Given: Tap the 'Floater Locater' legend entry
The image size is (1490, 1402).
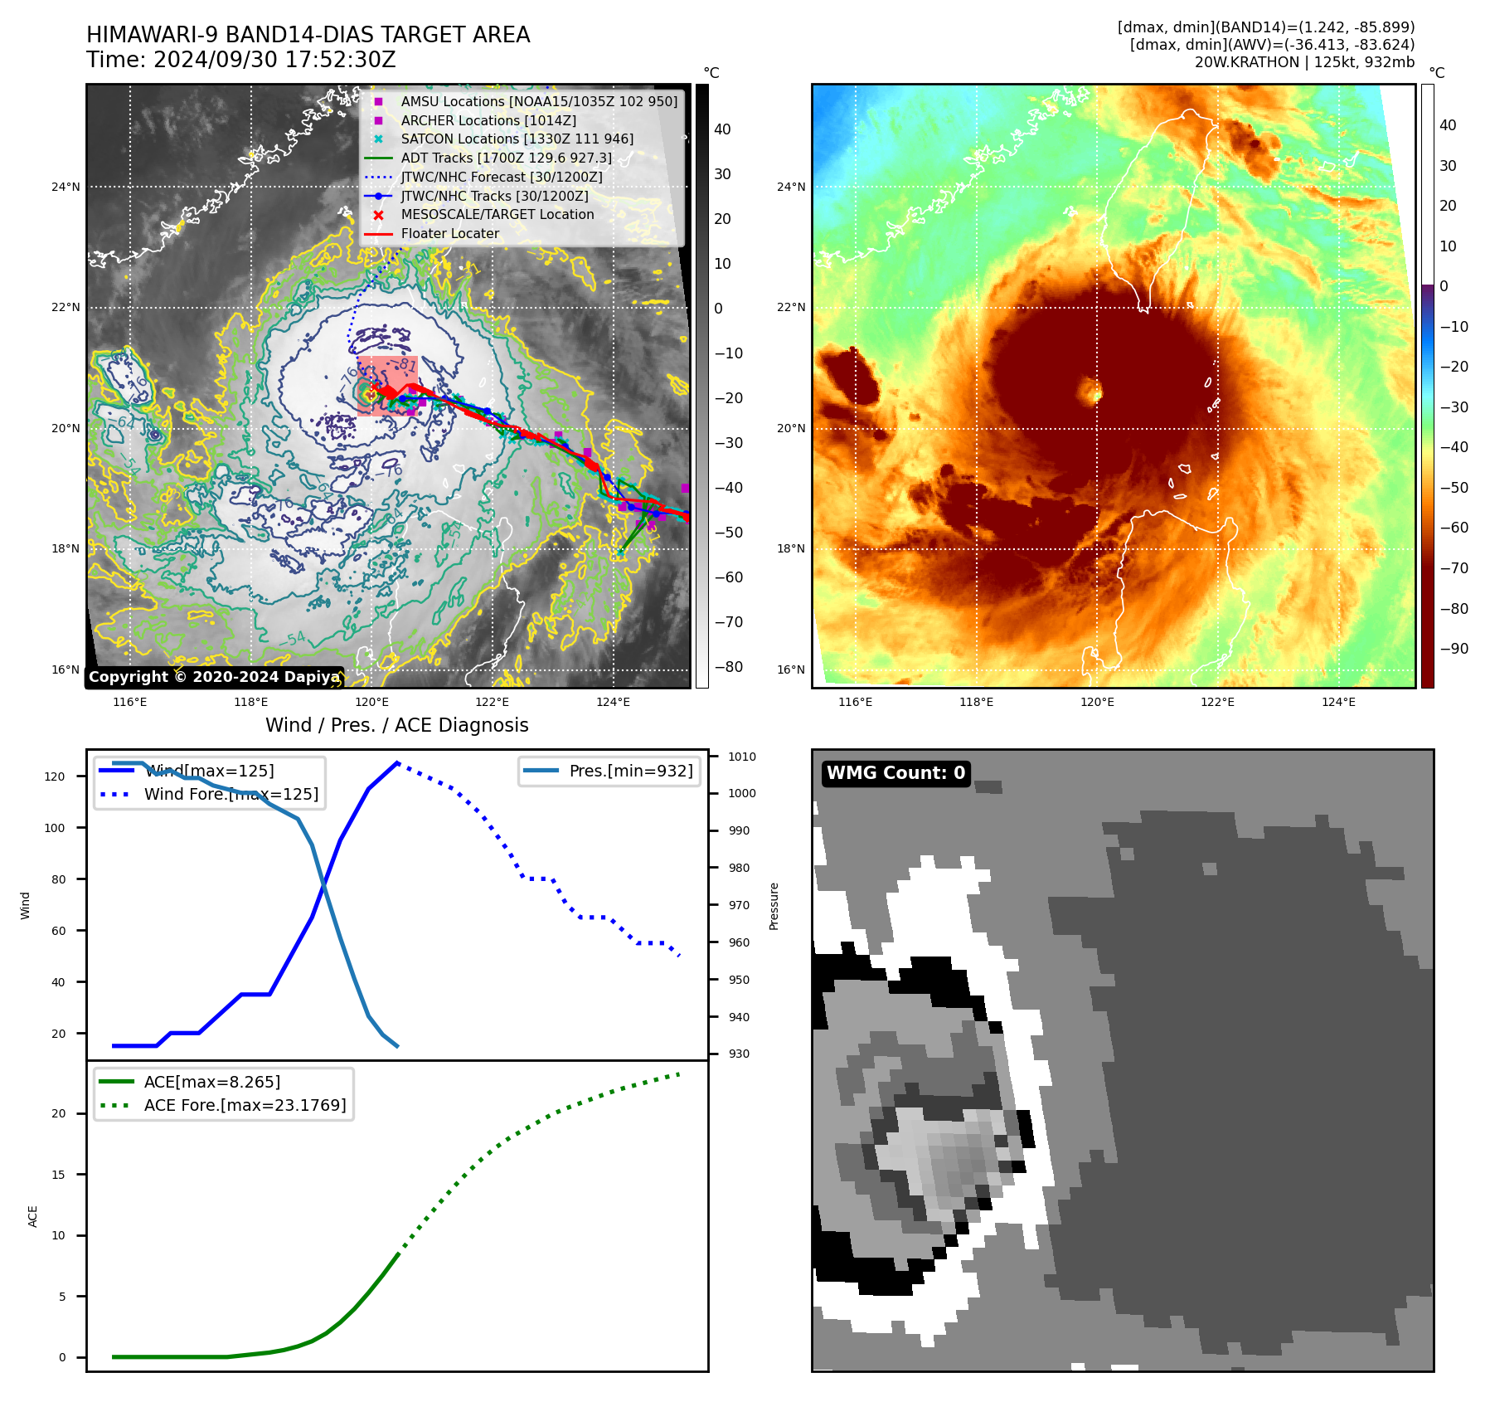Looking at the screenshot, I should coord(449,234).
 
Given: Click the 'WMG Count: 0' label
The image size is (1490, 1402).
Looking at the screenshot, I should coord(895,773).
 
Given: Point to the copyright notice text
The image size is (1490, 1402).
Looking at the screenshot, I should coord(214,677).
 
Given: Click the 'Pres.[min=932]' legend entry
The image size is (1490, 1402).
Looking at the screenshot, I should coord(630,771).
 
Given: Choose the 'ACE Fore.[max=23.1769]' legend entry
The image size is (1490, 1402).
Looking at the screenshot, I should coord(245,1105).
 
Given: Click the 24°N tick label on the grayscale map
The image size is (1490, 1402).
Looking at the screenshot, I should coord(66,187).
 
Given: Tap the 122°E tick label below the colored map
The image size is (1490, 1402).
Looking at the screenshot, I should coord(1217,702).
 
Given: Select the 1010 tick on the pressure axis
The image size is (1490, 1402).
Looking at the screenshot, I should coord(742,757).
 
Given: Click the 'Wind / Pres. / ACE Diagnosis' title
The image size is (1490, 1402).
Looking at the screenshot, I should coord(396,725).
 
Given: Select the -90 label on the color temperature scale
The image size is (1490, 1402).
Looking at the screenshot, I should coord(1454,649).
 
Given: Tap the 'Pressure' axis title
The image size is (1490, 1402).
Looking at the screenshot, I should coord(774,906).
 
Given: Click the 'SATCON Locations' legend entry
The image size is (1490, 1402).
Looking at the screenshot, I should coord(517,139).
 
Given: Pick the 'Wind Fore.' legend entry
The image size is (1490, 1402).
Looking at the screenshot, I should coord(231,794).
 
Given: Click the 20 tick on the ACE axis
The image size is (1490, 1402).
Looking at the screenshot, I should coord(59,1113).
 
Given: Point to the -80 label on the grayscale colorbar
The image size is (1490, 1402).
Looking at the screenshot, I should coord(729,667).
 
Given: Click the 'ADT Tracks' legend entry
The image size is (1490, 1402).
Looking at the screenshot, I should coord(506,158).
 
